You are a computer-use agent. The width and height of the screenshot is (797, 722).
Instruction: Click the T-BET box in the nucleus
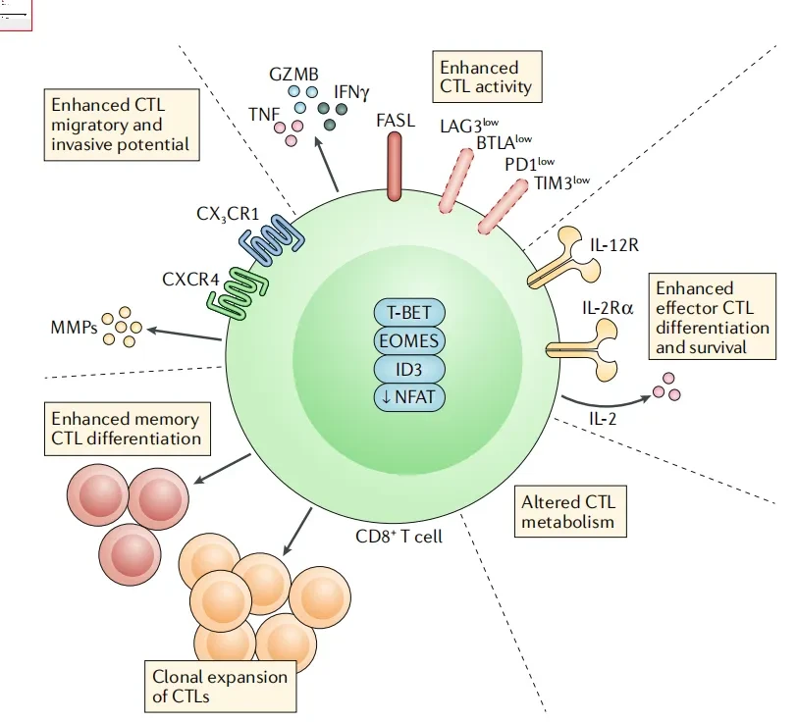coord(408,314)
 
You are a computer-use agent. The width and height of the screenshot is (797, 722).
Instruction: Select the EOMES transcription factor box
coord(408,341)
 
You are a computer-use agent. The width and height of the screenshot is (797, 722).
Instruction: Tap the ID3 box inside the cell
coord(408,370)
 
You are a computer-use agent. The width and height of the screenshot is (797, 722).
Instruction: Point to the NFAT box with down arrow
coord(408,397)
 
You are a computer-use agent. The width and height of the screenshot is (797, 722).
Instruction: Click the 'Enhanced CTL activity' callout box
coord(485,77)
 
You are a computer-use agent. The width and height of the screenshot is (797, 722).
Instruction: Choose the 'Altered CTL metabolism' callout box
coord(570,511)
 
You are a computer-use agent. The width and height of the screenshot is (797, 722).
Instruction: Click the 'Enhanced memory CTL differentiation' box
coord(126,429)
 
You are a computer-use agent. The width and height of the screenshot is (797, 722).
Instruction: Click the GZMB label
coord(292,75)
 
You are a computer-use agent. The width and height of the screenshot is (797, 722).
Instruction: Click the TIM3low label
coord(561,182)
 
